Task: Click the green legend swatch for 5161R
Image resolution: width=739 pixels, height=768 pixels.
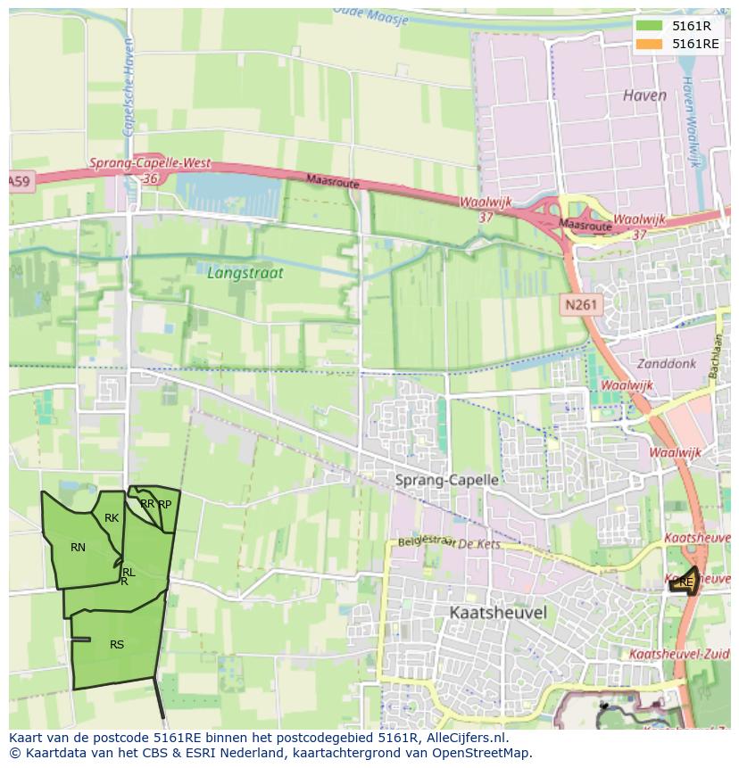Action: pos(650,25)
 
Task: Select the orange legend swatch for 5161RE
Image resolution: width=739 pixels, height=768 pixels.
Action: pos(650,43)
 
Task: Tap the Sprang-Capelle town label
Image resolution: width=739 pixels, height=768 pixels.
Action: pos(446,480)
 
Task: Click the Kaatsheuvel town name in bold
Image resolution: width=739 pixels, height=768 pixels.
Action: pos(498,613)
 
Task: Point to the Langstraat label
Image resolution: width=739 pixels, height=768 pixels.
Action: pos(245,273)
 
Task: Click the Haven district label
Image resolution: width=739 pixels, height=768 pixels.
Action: pos(644,95)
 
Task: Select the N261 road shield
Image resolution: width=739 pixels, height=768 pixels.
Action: pos(582,305)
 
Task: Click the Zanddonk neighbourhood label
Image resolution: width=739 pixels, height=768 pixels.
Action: pos(665,363)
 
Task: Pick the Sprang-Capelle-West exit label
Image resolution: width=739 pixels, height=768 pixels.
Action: pos(150,164)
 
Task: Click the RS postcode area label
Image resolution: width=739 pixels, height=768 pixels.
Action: pos(117,644)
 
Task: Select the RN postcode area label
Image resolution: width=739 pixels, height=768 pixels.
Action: pos(79,547)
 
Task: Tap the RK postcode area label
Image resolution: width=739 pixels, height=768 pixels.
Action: pos(112,517)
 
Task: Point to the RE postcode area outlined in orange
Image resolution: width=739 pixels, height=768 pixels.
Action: pos(685,582)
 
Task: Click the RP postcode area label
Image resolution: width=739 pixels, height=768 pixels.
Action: pos(165,504)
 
